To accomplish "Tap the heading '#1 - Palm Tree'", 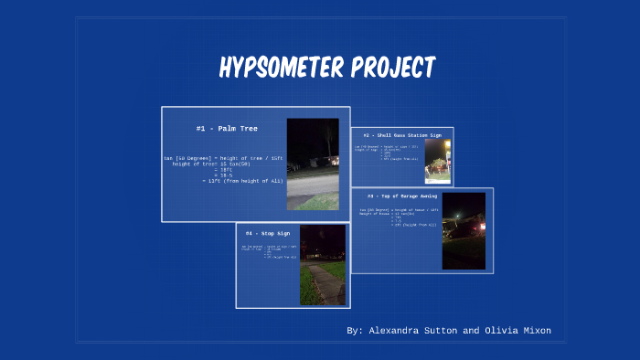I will [x=226, y=129].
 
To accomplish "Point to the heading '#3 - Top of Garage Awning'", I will [x=401, y=196].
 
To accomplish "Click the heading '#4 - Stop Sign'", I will [x=261, y=234].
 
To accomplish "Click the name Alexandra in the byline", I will [x=399, y=330].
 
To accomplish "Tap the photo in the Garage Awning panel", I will [x=464, y=230].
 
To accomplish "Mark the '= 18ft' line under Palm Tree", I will [x=225, y=169].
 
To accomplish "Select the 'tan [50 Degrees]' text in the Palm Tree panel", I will [x=187, y=157].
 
